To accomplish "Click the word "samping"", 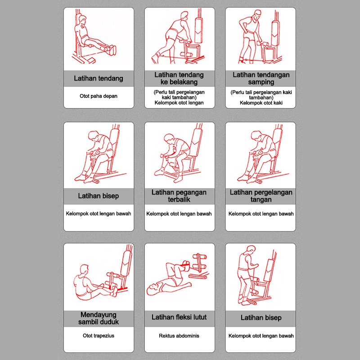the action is pos(261,82).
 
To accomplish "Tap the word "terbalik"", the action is pos(179,199).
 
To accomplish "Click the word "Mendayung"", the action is pos(99,315).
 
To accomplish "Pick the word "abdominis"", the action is pos(188,336).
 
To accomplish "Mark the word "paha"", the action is pos(99,96).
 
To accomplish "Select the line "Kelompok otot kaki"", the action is pos(261,103).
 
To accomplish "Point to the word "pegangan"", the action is pos(190,193).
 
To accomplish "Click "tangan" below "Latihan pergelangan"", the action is pos(261,199).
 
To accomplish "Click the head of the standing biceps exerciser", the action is pos(251,251).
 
